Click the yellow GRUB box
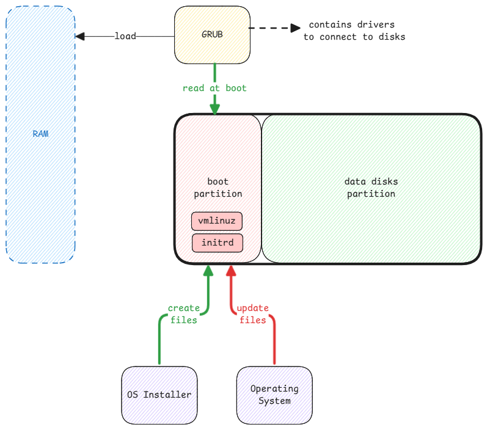(x=212, y=34)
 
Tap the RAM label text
(x=40, y=133)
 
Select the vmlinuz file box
(x=218, y=220)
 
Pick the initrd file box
(x=218, y=242)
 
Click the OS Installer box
(x=159, y=395)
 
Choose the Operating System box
(x=274, y=395)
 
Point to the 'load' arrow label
(x=125, y=36)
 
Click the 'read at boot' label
(x=214, y=88)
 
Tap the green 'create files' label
(x=184, y=314)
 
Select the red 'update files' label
(x=252, y=314)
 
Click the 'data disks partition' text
(x=371, y=188)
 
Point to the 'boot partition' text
(x=218, y=188)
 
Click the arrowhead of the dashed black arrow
(x=296, y=28)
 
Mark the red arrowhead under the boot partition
(x=231, y=271)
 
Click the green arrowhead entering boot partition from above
(x=214, y=109)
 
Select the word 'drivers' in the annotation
(x=373, y=25)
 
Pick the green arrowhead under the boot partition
(x=208, y=271)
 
